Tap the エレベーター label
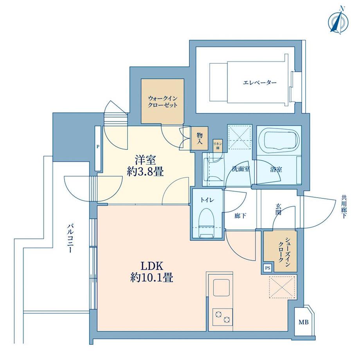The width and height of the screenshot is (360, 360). pos(259,83)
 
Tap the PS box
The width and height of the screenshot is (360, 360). pos(268,268)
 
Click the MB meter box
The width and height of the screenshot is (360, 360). pos(303,322)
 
